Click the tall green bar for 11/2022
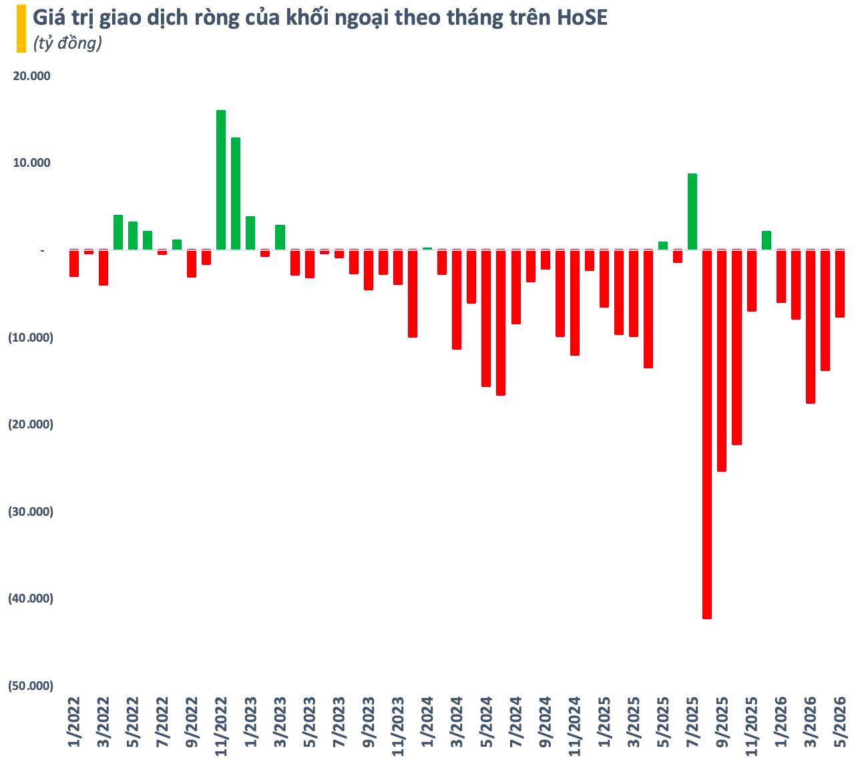[221, 180]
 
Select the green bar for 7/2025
[692, 212]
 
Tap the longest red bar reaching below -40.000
[706, 434]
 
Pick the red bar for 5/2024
[486, 318]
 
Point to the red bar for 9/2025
[722, 360]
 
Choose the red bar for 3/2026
[810, 327]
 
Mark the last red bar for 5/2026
[839, 284]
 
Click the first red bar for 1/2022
[74, 264]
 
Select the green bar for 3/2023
[280, 237]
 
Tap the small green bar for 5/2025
[662, 246]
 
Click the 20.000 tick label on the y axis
[31, 76]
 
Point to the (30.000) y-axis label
[31, 511]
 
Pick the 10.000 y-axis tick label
[31, 163]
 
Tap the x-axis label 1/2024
[427, 721]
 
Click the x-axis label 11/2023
[398, 726]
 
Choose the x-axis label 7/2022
[162, 721]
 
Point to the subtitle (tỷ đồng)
[67, 43]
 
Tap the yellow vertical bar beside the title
[21, 29]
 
